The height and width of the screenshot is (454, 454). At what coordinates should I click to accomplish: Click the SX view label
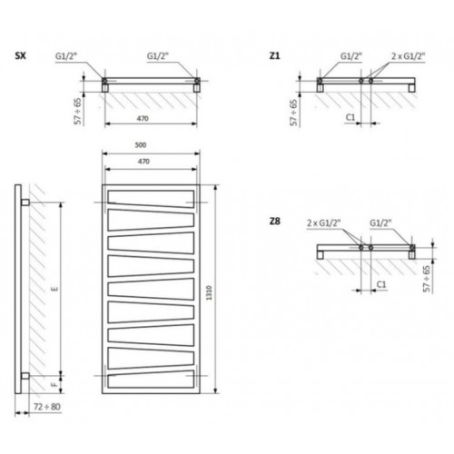click(20, 56)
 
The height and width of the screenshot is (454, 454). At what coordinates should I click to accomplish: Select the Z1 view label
click(274, 56)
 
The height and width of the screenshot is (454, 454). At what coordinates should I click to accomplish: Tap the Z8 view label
click(274, 222)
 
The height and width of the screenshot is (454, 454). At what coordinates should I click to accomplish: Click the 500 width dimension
click(141, 145)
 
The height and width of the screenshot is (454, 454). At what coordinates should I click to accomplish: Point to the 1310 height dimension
click(209, 292)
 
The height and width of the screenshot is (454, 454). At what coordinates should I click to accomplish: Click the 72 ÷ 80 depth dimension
click(47, 407)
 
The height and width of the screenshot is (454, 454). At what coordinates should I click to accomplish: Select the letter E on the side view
click(55, 289)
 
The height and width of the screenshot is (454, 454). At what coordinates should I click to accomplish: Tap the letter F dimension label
click(54, 385)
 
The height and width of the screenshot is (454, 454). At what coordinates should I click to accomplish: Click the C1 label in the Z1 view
click(350, 117)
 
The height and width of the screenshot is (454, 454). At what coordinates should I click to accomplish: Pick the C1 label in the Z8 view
click(381, 284)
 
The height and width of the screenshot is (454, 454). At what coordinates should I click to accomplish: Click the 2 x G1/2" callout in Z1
click(409, 56)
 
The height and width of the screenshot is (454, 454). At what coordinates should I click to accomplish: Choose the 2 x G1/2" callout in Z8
click(324, 223)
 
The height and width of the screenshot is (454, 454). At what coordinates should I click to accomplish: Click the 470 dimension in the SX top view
click(143, 118)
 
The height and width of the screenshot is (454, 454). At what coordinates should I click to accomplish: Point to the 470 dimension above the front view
click(143, 162)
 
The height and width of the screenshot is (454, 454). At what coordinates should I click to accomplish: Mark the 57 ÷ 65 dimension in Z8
click(427, 279)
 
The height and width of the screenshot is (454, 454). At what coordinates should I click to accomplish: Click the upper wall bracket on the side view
click(25, 202)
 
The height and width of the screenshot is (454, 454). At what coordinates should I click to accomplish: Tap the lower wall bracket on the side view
click(25, 376)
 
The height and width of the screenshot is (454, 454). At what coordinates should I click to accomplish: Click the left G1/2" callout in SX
click(66, 56)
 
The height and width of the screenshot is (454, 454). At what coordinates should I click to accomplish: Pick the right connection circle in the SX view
click(197, 81)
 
